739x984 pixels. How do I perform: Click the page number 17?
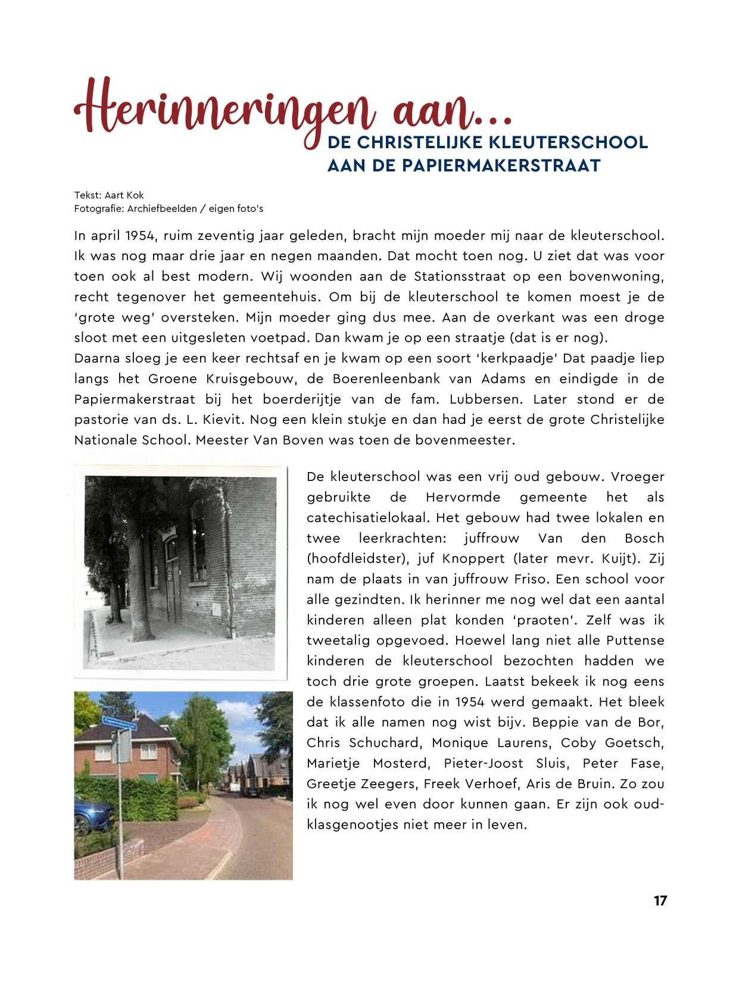[x=660, y=900]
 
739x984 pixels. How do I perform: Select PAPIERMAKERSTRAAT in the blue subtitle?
[x=501, y=165]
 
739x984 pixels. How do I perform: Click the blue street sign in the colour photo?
[x=119, y=723]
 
